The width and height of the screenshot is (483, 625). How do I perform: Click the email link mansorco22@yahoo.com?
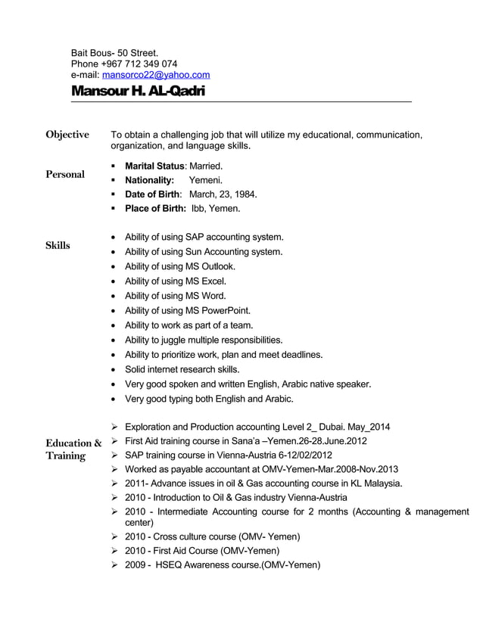click(x=155, y=75)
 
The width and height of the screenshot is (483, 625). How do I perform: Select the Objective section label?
click(x=67, y=135)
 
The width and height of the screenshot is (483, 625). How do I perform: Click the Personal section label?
click(x=65, y=174)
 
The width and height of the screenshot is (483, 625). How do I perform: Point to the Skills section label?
click(x=58, y=244)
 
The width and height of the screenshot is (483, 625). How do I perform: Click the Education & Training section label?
click(x=73, y=449)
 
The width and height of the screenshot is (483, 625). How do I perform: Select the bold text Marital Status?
click(x=154, y=165)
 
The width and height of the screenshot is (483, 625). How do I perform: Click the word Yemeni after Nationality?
click(x=205, y=179)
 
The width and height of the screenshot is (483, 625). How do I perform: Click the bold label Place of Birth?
click(x=155, y=208)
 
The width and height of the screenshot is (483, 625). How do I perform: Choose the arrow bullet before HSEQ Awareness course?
click(x=114, y=564)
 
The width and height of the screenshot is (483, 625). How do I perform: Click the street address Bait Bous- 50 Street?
click(x=114, y=52)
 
